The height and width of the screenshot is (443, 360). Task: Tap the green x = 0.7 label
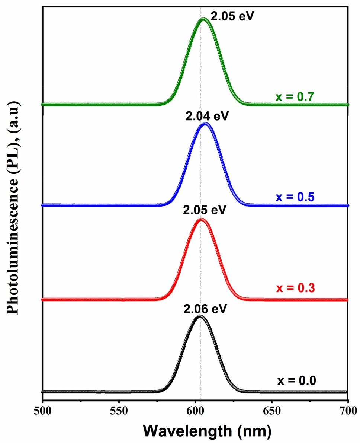pyautogui.click(x=295, y=98)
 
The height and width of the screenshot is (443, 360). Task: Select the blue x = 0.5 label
pyautogui.click(x=295, y=197)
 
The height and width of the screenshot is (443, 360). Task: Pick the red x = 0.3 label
pyautogui.click(x=295, y=288)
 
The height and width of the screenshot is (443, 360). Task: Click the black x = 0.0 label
pyautogui.click(x=296, y=381)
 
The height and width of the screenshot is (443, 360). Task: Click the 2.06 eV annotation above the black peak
pyautogui.click(x=205, y=309)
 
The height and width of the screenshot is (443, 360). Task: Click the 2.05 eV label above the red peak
pyautogui.click(x=205, y=210)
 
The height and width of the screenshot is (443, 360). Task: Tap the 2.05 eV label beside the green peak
pyautogui.click(x=232, y=16)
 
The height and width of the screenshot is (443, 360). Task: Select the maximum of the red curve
pyautogui.click(x=201, y=219)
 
